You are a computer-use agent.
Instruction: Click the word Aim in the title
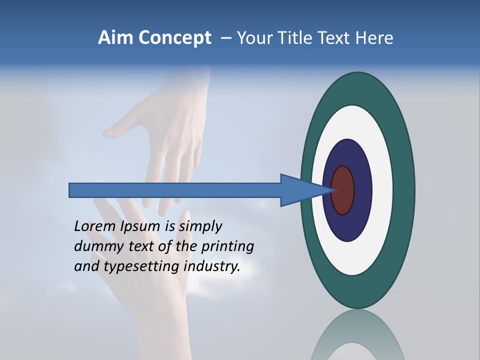click(116, 38)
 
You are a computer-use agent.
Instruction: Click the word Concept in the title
click(175, 38)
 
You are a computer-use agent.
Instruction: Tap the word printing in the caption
click(227, 247)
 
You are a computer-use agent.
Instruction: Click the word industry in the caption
click(212, 266)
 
